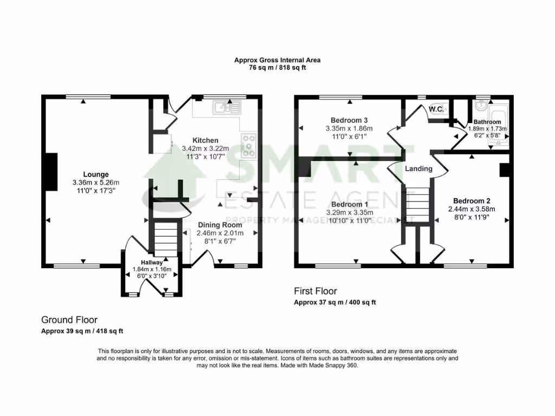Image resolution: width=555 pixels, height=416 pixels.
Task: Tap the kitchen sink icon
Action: (x=227, y=108)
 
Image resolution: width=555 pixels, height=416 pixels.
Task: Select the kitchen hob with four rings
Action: (x=249, y=145)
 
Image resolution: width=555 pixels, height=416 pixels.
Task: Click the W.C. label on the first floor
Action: (x=435, y=109)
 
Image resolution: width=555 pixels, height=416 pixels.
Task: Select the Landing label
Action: (x=419, y=168)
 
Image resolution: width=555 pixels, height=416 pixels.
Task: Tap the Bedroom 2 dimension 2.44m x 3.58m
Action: (x=471, y=209)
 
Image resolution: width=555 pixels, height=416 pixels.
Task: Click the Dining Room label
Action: (x=220, y=225)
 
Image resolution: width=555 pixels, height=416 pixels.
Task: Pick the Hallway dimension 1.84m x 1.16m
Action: (x=152, y=269)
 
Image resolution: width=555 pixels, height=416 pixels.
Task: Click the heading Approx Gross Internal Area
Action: (x=277, y=60)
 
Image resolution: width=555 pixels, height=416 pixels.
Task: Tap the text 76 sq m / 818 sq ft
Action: (x=277, y=68)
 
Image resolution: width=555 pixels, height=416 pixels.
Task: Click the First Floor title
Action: (x=315, y=291)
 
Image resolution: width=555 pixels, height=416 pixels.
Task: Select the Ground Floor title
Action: (x=69, y=320)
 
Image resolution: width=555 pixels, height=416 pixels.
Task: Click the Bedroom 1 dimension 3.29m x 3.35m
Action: (x=350, y=213)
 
